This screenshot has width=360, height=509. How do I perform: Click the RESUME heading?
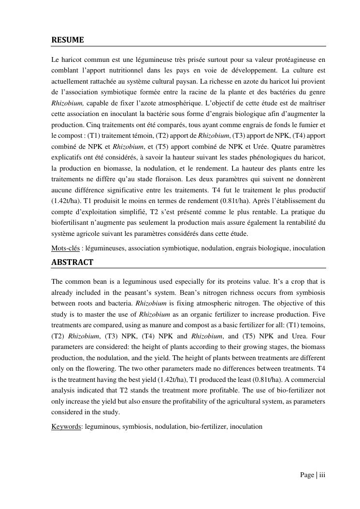67,40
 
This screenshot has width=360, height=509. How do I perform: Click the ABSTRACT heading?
72,262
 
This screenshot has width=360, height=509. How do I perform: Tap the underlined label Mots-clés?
65,248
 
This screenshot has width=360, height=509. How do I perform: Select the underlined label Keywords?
66,427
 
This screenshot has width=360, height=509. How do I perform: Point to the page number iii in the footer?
322,475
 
